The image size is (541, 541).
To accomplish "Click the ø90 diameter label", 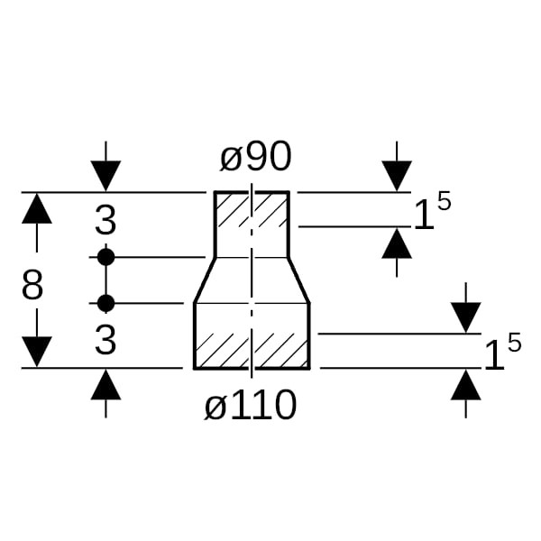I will [256, 158].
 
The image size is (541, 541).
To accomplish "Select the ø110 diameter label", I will [251, 407].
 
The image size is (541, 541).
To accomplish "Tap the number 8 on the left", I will [32, 286].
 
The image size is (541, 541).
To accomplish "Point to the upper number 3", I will [105, 221].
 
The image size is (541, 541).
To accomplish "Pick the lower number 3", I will [105, 340].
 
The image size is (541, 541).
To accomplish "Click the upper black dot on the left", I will [105, 257].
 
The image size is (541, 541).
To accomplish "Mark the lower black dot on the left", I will [105, 302].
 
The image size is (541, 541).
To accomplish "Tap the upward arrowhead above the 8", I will [37, 209].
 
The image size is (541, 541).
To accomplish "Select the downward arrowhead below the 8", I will [37, 352].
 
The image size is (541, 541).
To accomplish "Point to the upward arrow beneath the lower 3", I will [105, 385].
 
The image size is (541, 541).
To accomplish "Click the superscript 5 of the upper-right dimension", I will [443, 201].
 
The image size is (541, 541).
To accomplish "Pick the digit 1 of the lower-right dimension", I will [493, 355].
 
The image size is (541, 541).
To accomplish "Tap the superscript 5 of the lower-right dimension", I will [513, 342].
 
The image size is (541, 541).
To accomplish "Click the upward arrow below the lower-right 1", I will [465, 385].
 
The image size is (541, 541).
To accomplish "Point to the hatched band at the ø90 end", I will [252, 209].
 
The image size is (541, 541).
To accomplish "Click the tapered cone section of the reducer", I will [252, 280].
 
